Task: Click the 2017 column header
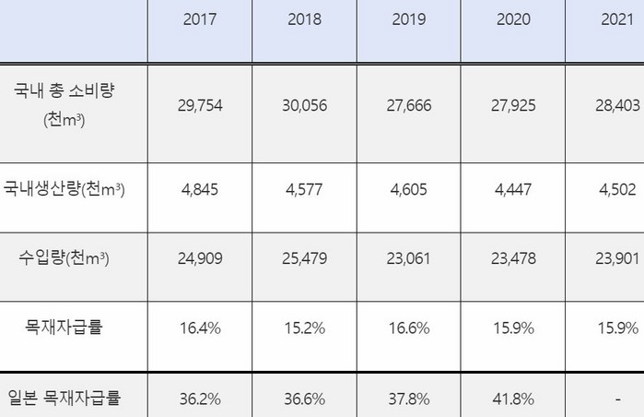point(200,19)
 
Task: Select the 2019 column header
point(408,19)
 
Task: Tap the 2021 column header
point(615,19)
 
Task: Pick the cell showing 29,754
point(200,105)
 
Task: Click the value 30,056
point(304,105)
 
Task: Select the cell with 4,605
point(408,191)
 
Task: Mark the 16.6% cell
point(408,328)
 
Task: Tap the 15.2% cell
point(304,328)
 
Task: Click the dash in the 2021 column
point(615,399)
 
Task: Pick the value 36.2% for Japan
point(200,399)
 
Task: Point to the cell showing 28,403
point(615,105)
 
